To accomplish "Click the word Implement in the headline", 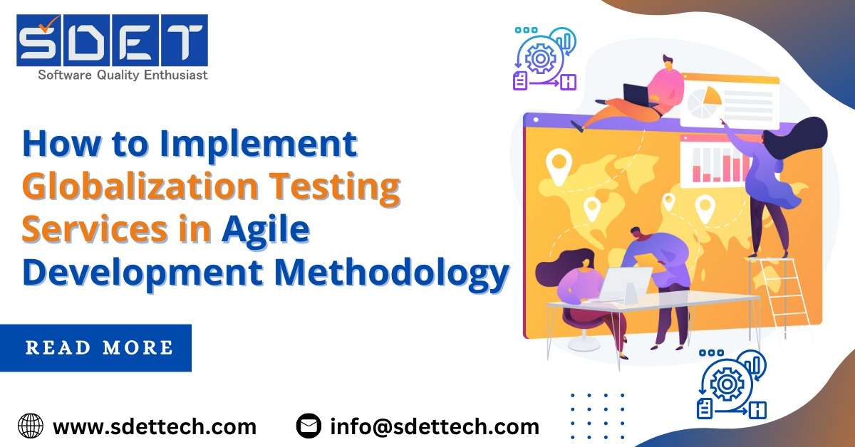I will (257, 145).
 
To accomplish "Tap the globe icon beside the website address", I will (31, 426).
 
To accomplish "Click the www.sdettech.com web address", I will (155, 426).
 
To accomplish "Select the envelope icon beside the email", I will (309, 426).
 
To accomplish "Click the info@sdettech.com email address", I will (435, 426).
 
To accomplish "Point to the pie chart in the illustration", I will (704, 104).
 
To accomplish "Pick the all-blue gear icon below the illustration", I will (729, 385).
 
